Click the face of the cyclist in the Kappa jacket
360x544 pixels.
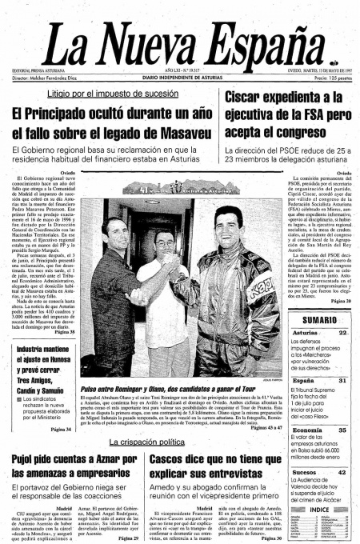[x=228, y=222]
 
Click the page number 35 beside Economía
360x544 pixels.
[x=342, y=430]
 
